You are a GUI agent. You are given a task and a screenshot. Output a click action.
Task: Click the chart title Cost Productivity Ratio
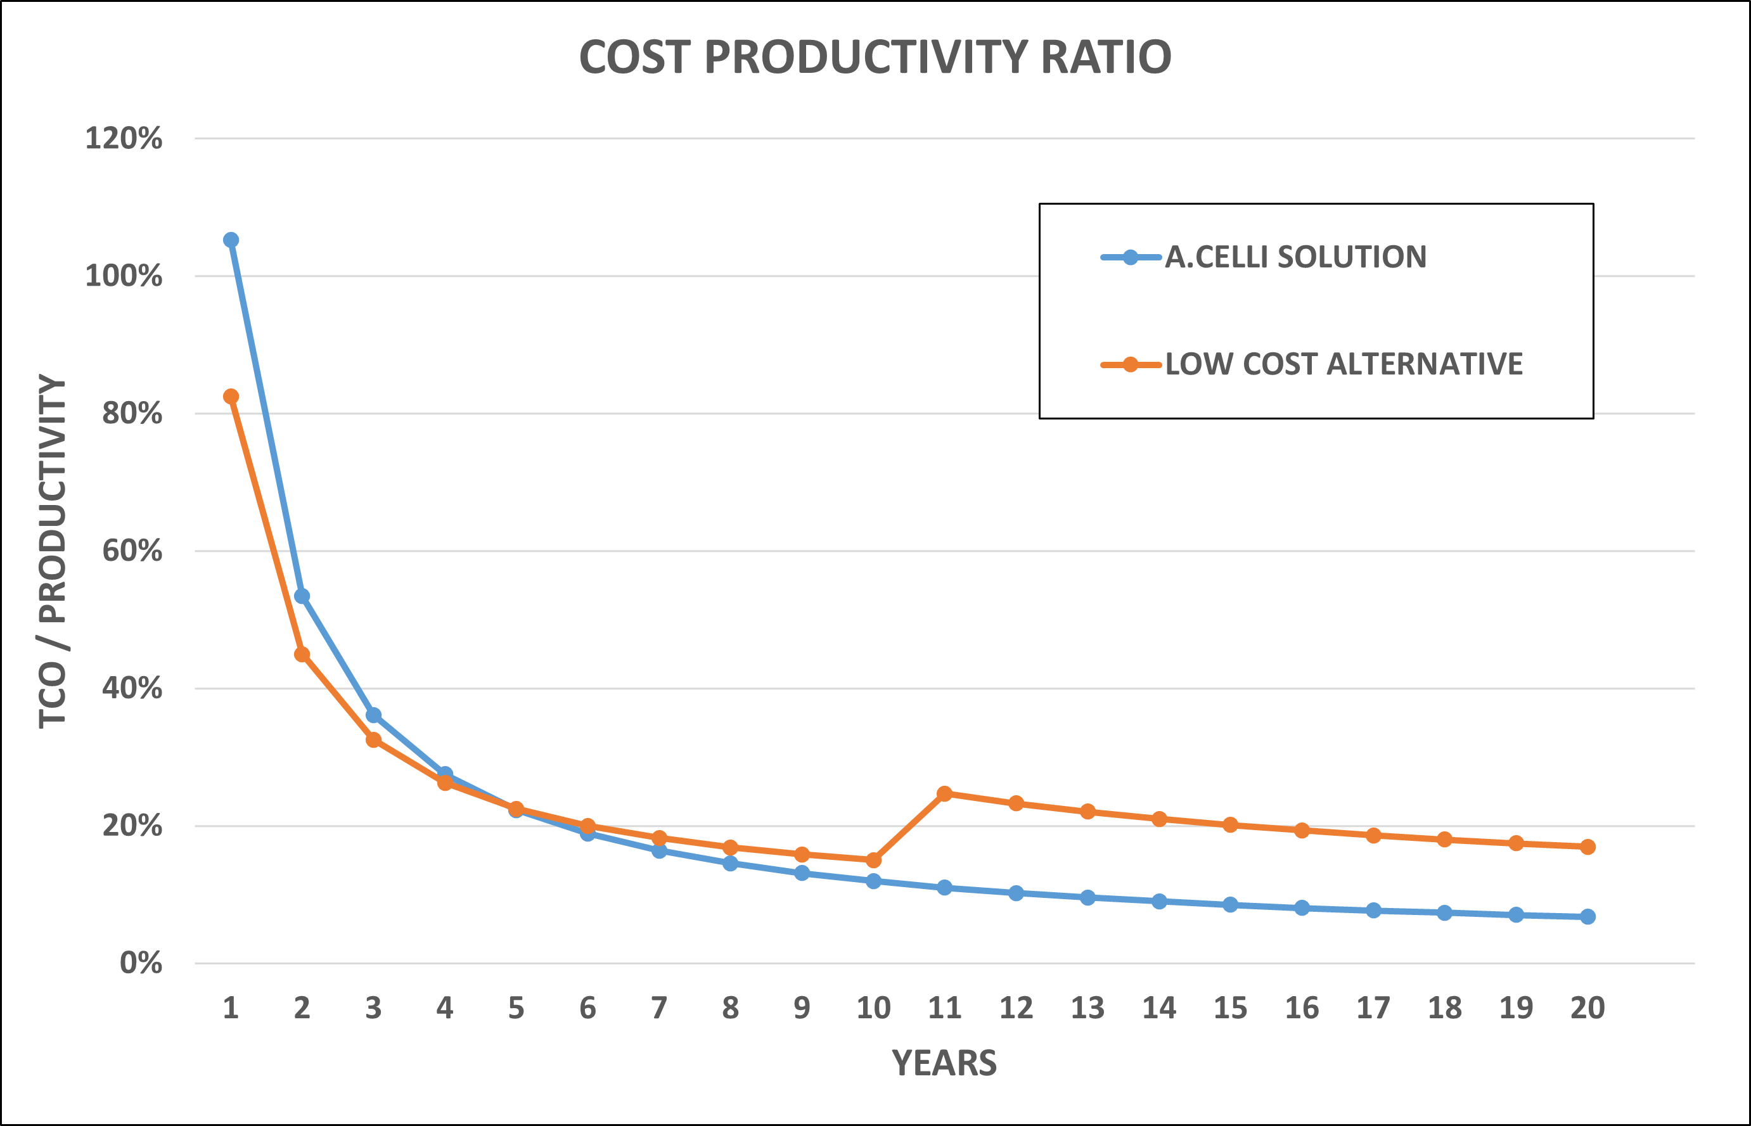coord(875,57)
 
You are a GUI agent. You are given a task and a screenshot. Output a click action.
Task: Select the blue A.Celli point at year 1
coord(231,240)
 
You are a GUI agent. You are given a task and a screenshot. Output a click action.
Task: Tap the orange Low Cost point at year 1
coord(231,396)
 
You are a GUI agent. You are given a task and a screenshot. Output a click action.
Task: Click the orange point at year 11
coord(945,793)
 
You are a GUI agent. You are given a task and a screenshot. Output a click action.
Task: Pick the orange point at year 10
coord(874,860)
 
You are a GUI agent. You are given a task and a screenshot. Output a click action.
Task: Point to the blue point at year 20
coord(1587,916)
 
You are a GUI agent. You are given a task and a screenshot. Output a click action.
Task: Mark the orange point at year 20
coord(1587,847)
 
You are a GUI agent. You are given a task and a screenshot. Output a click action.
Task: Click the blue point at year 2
coord(302,596)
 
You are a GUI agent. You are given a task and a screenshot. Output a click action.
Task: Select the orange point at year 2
coord(302,655)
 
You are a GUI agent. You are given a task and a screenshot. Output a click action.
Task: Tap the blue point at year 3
coord(374,715)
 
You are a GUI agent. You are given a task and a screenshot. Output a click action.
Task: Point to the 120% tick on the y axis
coord(124,138)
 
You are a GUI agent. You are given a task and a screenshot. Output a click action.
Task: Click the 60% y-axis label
coord(132,551)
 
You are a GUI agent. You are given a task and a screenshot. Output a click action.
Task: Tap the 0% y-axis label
coord(141,963)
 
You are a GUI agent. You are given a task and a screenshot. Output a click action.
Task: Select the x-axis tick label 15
coord(1231,1008)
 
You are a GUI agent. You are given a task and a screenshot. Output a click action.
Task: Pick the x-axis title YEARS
coord(944,1063)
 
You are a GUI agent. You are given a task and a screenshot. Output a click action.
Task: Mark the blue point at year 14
coord(1159,902)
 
